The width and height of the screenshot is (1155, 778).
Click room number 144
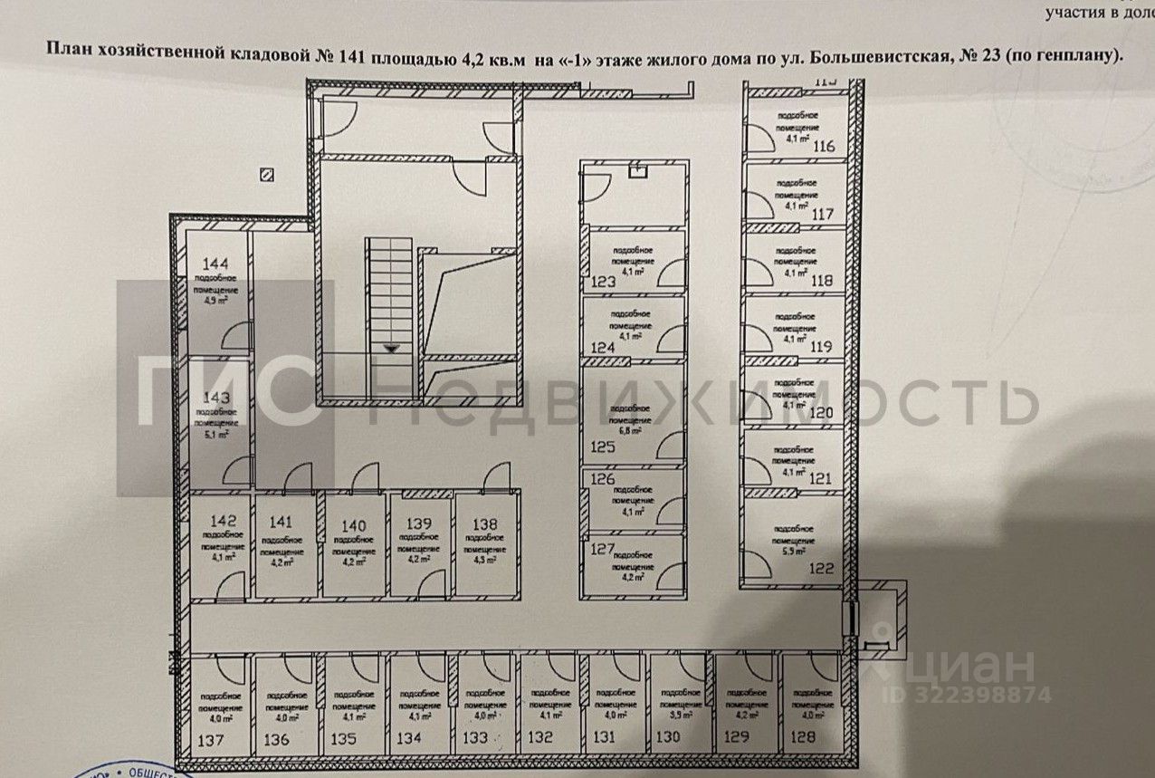215,264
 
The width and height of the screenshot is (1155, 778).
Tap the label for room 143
216,398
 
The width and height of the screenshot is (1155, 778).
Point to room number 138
485,522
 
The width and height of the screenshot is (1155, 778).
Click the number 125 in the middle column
602,447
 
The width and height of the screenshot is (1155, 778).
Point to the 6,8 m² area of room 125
631,432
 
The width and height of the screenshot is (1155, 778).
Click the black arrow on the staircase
390,346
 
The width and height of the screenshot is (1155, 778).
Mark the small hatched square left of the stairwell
266,175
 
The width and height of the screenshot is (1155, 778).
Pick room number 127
602,548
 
